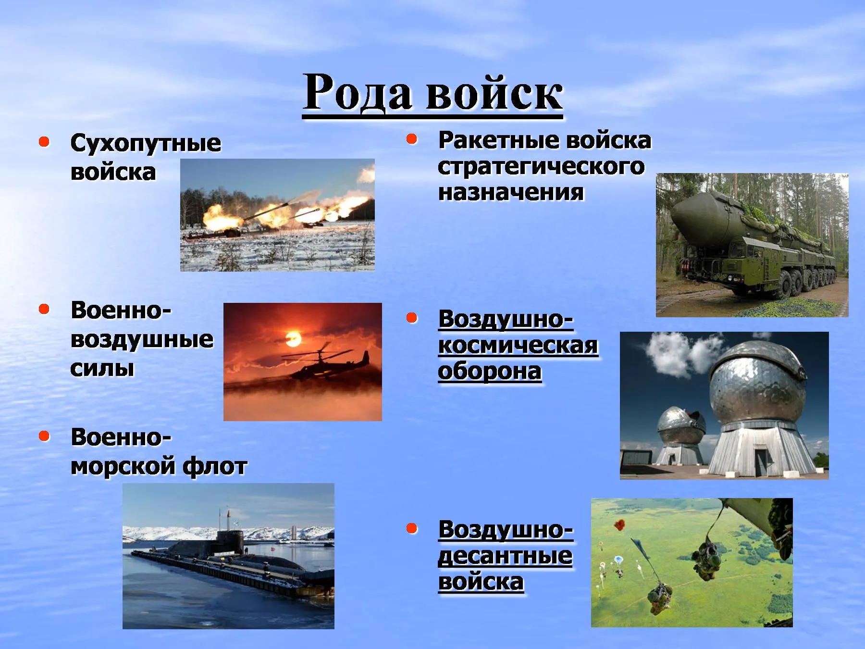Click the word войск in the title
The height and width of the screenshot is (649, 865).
point(494,92)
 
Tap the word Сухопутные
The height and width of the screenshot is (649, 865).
point(146,143)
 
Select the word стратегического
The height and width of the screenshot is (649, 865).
point(541,166)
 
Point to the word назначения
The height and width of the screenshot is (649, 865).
point(511,192)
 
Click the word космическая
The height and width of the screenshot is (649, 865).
point(518,345)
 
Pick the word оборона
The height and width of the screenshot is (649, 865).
point(490,371)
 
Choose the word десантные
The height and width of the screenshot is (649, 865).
point(505,556)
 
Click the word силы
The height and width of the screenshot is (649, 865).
point(102,369)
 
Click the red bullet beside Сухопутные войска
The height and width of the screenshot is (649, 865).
point(44,141)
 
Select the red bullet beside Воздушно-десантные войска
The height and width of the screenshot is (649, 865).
point(412,528)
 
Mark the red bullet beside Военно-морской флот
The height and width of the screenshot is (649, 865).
point(44,436)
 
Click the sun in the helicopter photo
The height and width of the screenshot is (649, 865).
point(293,338)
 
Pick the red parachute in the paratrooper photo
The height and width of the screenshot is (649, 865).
point(620,524)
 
